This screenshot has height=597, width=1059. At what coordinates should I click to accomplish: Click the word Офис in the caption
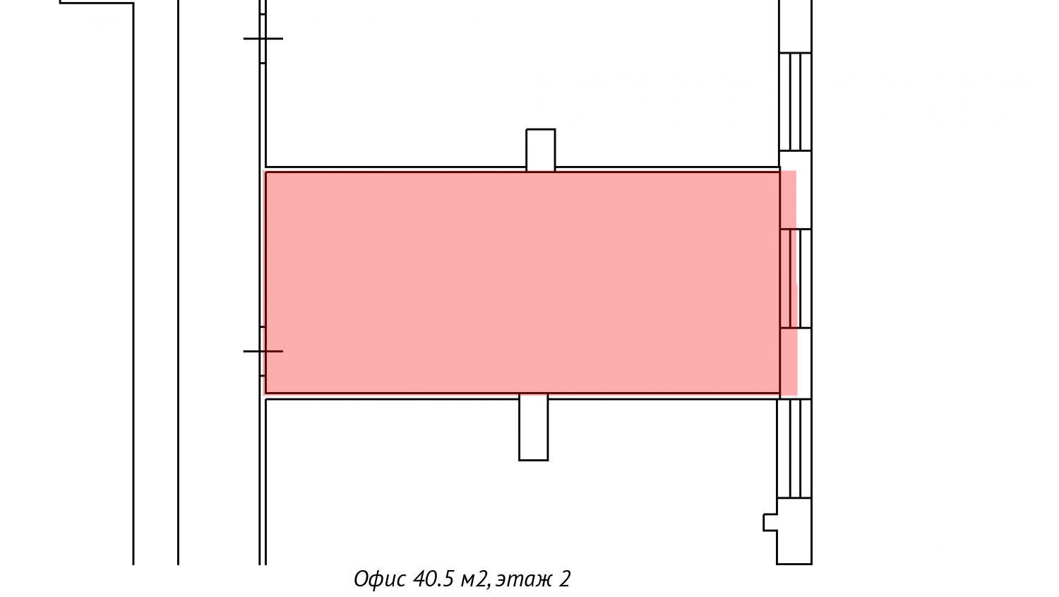coord(380,579)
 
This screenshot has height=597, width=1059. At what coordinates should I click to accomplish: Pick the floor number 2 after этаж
coord(565,579)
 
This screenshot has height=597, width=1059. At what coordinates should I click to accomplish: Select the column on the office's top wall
coord(541,150)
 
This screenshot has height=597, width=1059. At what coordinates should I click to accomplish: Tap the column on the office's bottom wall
coord(534,427)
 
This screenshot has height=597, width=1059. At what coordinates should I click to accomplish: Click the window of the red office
coord(796,278)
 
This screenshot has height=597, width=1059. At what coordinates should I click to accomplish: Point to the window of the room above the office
coord(796,102)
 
